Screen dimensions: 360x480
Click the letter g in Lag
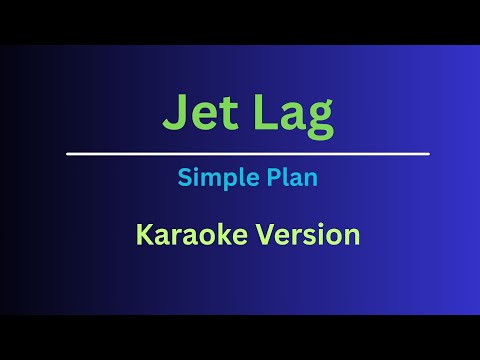point(319,121)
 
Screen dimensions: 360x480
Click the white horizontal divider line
point(248,154)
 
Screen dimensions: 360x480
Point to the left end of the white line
point(68,154)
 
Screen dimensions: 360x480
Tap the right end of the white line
point(428,154)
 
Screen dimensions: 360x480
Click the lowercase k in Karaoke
point(210,236)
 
